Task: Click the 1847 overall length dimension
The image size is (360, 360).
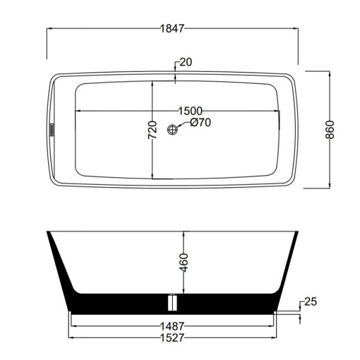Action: (172, 28)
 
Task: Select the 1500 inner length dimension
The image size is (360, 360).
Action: (190, 110)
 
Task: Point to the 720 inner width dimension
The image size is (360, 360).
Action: (152, 130)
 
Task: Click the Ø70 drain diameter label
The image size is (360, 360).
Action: (200, 124)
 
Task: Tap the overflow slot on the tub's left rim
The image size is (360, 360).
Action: (52, 129)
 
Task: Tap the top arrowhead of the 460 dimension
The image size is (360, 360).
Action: (184, 234)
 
